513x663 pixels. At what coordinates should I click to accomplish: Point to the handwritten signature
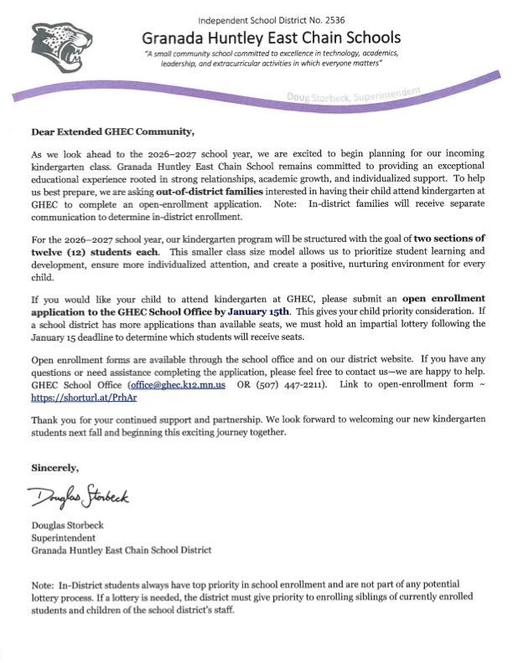[82, 499]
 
